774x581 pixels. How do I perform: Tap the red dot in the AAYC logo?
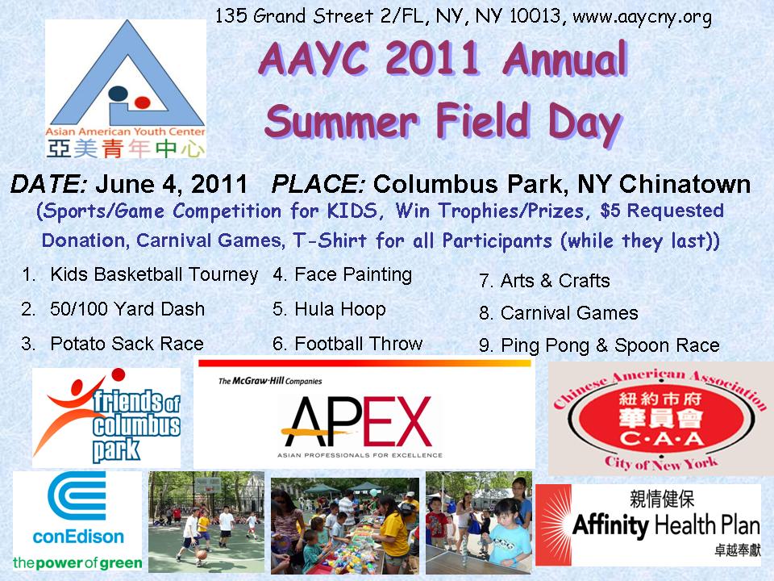coord(142,102)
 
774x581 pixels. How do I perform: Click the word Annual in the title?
coord(564,59)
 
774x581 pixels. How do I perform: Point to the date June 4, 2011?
coord(171,184)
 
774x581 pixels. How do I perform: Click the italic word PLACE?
coord(318,184)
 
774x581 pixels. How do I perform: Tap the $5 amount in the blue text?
coord(610,211)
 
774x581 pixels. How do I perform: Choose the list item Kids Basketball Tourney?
coord(154,274)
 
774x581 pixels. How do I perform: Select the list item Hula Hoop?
coord(340,309)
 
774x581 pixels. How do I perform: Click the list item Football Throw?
coord(358,344)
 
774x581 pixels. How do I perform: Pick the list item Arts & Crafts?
coord(556,281)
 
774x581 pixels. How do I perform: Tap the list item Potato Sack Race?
coord(127,344)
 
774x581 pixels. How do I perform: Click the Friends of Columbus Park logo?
coord(106,417)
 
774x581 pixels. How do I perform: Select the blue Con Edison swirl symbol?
coord(77,496)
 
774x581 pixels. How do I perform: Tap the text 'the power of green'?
coord(77,562)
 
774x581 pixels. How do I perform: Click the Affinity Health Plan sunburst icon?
coord(554,525)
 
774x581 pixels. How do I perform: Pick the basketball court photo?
coord(206,522)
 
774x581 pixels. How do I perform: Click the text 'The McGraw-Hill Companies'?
coord(270,381)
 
